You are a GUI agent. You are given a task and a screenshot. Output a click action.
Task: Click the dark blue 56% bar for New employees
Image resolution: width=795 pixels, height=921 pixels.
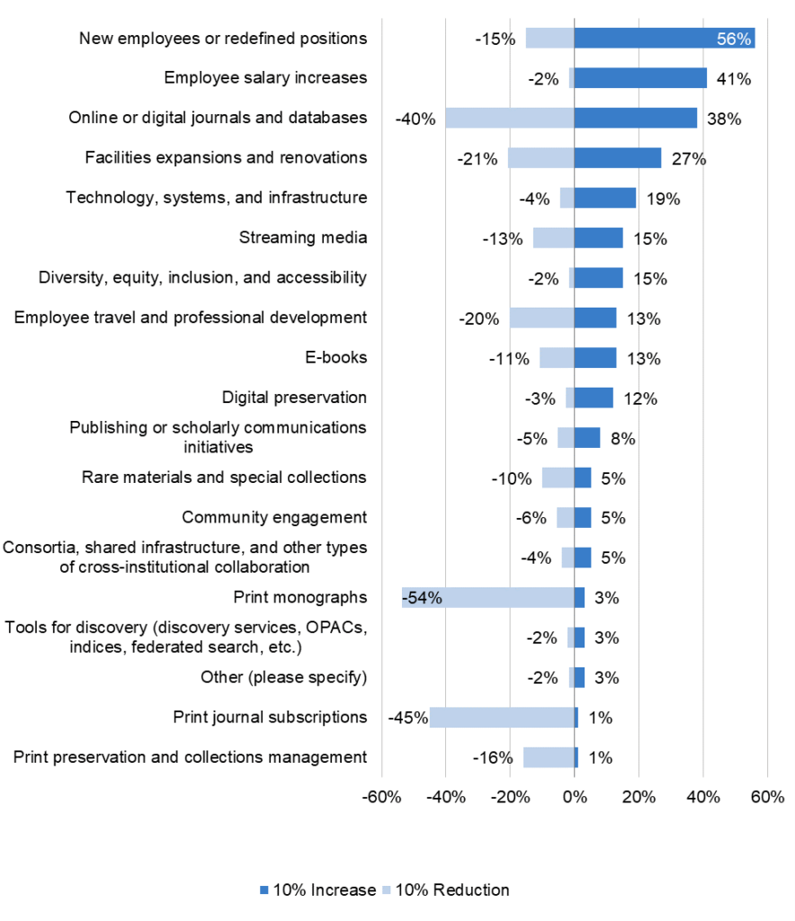(664, 39)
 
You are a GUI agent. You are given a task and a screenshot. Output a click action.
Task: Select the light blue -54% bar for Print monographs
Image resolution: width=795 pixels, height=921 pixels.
(488, 597)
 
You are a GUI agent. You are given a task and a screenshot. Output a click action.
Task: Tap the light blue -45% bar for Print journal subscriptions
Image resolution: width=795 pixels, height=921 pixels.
(502, 717)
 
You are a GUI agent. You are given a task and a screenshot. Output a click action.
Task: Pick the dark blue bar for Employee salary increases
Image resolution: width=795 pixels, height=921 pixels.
(640, 78)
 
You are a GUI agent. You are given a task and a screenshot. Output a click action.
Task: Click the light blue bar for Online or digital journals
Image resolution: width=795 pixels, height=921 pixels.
(510, 118)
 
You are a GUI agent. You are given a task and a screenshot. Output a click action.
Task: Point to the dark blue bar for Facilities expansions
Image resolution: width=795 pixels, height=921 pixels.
(618, 158)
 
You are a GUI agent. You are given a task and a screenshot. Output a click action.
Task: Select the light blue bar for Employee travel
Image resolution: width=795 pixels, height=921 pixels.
(542, 317)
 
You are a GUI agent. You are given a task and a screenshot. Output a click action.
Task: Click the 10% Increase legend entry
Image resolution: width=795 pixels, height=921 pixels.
(317, 890)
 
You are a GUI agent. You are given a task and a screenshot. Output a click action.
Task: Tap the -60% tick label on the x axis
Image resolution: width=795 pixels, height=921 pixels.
(381, 797)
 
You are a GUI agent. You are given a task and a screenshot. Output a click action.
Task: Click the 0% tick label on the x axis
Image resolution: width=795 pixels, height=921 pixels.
(574, 797)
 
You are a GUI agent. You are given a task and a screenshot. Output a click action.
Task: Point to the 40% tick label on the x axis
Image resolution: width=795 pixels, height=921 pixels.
(703, 797)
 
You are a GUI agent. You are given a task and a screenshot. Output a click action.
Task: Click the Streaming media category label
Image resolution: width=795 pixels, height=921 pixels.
(303, 237)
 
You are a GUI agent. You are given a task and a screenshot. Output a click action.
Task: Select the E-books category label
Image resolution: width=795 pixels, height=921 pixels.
(336, 357)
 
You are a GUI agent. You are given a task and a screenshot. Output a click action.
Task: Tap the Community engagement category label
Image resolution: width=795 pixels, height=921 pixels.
(274, 517)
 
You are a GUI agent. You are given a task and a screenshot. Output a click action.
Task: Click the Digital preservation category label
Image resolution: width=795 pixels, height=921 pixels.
(294, 398)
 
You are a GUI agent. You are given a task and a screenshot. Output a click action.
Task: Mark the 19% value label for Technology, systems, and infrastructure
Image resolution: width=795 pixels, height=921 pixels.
(663, 199)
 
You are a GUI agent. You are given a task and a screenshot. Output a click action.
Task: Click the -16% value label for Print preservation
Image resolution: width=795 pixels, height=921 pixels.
(493, 757)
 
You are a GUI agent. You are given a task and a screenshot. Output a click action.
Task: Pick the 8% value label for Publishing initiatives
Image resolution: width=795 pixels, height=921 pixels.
(622, 439)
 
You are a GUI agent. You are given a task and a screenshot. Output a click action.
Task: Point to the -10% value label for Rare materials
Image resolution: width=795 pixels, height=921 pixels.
(512, 478)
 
